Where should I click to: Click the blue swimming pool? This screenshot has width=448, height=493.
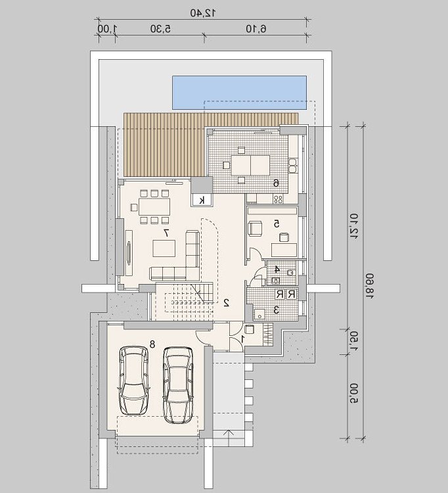(x=239, y=93)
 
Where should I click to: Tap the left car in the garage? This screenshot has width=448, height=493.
(x=133, y=381)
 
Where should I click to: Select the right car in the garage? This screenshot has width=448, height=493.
(x=178, y=385)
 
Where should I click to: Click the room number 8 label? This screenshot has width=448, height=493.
(x=152, y=344)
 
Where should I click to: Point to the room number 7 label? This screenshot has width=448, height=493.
(x=166, y=233)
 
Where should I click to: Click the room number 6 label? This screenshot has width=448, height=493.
(x=276, y=183)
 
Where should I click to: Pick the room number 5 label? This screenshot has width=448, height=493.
(x=277, y=224)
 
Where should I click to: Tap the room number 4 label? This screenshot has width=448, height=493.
(x=277, y=269)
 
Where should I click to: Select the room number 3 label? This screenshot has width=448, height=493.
(x=277, y=310)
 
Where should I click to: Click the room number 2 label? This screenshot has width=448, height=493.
(x=226, y=302)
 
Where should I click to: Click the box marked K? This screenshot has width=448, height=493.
(x=202, y=200)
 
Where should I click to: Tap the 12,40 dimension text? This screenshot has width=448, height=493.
(x=203, y=13)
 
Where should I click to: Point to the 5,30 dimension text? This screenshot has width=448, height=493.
(x=160, y=29)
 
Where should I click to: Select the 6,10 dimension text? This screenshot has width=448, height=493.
(x=256, y=29)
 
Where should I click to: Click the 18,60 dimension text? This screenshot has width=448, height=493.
(x=370, y=286)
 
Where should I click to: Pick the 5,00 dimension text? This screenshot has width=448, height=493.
(x=353, y=392)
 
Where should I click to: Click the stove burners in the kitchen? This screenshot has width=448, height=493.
(x=279, y=199)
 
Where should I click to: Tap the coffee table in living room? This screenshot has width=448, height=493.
(x=164, y=248)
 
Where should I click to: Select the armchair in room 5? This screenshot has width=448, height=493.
(x=255, y=227)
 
